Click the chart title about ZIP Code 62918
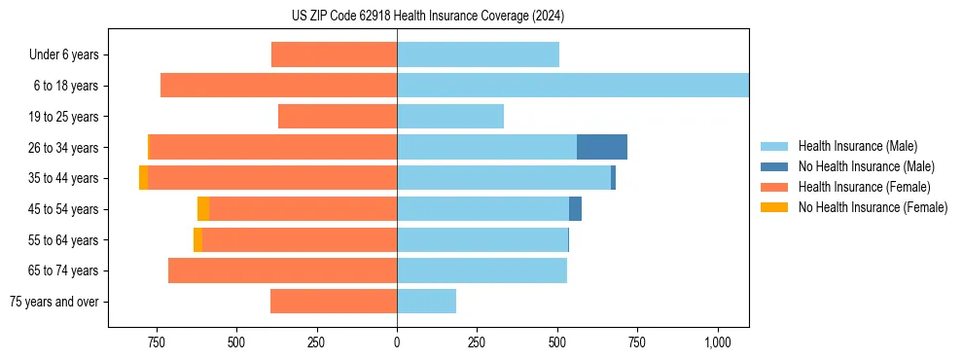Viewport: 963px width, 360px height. point(428,17)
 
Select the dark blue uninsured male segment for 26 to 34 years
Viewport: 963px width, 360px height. point(601,147)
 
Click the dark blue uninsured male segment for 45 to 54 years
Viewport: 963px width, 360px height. point(575,208)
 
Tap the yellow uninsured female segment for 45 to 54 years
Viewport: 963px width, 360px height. point(203,208)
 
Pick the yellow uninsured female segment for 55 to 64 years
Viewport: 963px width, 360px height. point(197,239)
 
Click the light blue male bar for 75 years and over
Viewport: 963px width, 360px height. point(426,302)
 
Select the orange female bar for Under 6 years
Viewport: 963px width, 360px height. point(334,54)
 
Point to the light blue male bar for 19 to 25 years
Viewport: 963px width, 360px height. point(450,117)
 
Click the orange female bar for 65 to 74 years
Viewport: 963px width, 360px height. point(282,270)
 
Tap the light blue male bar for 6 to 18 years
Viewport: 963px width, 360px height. point(573,86)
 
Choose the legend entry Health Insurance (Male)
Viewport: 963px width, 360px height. point(857,146)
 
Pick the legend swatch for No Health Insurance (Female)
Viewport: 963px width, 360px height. point(774,207)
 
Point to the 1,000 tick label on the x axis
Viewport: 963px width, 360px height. point(718,343)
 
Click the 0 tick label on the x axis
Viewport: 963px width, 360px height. point(397,343)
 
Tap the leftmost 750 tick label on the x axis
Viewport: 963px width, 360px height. point(156,343)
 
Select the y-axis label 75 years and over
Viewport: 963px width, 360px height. point(54,302)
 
